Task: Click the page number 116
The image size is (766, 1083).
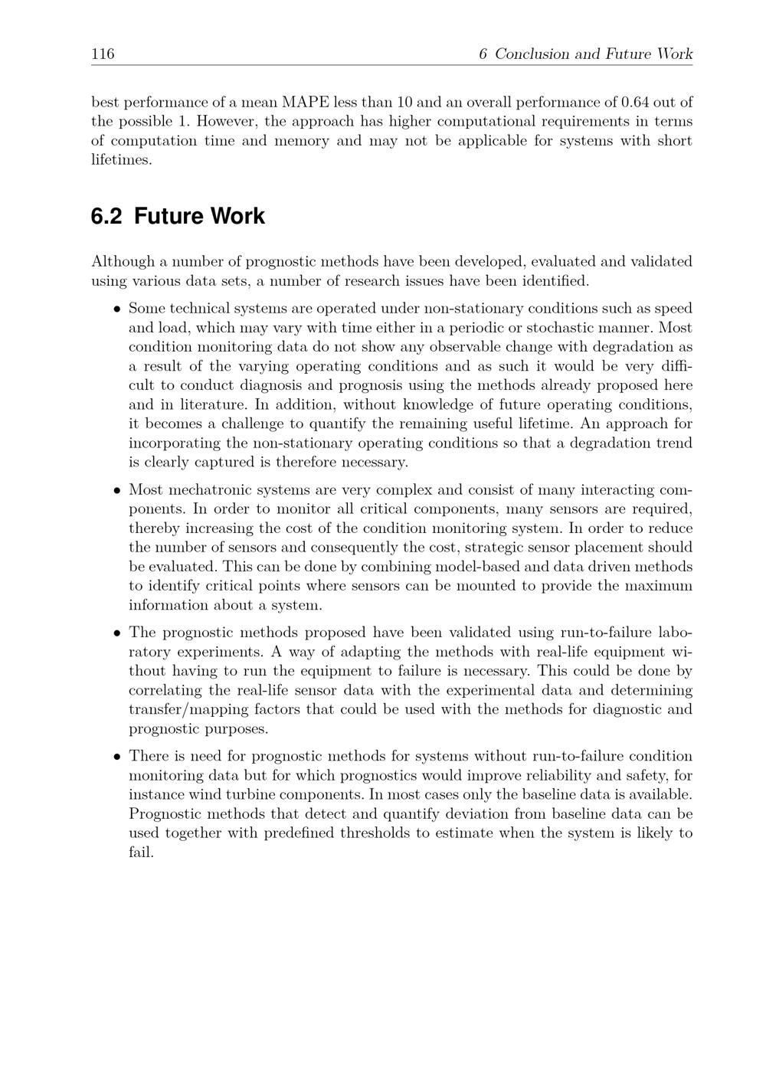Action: [103, 54]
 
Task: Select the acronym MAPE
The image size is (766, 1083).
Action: [306, 102]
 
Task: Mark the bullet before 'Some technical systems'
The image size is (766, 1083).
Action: [117, 309]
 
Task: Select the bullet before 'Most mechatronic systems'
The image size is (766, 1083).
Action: [117, 490]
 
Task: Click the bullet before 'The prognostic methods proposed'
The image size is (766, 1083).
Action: [117, 633]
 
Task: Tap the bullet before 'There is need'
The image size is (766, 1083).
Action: [117, 757]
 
